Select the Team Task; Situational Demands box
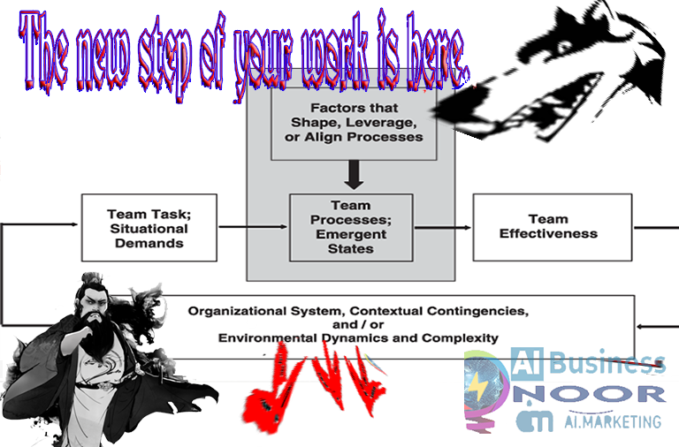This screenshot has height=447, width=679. click(x=149, y=227)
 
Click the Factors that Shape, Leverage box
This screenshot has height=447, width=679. click(x=354, y=123)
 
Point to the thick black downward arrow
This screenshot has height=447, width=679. click(x=354, y=176)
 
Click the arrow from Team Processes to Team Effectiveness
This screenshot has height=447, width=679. click(x=442, y=227)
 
